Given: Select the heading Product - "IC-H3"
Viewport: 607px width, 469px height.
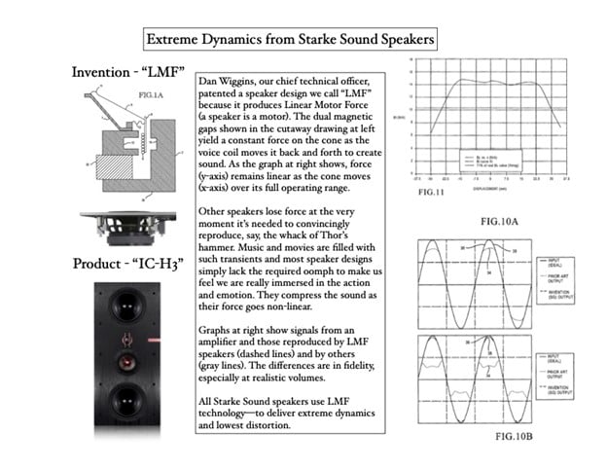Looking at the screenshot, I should (x=122, y=264).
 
